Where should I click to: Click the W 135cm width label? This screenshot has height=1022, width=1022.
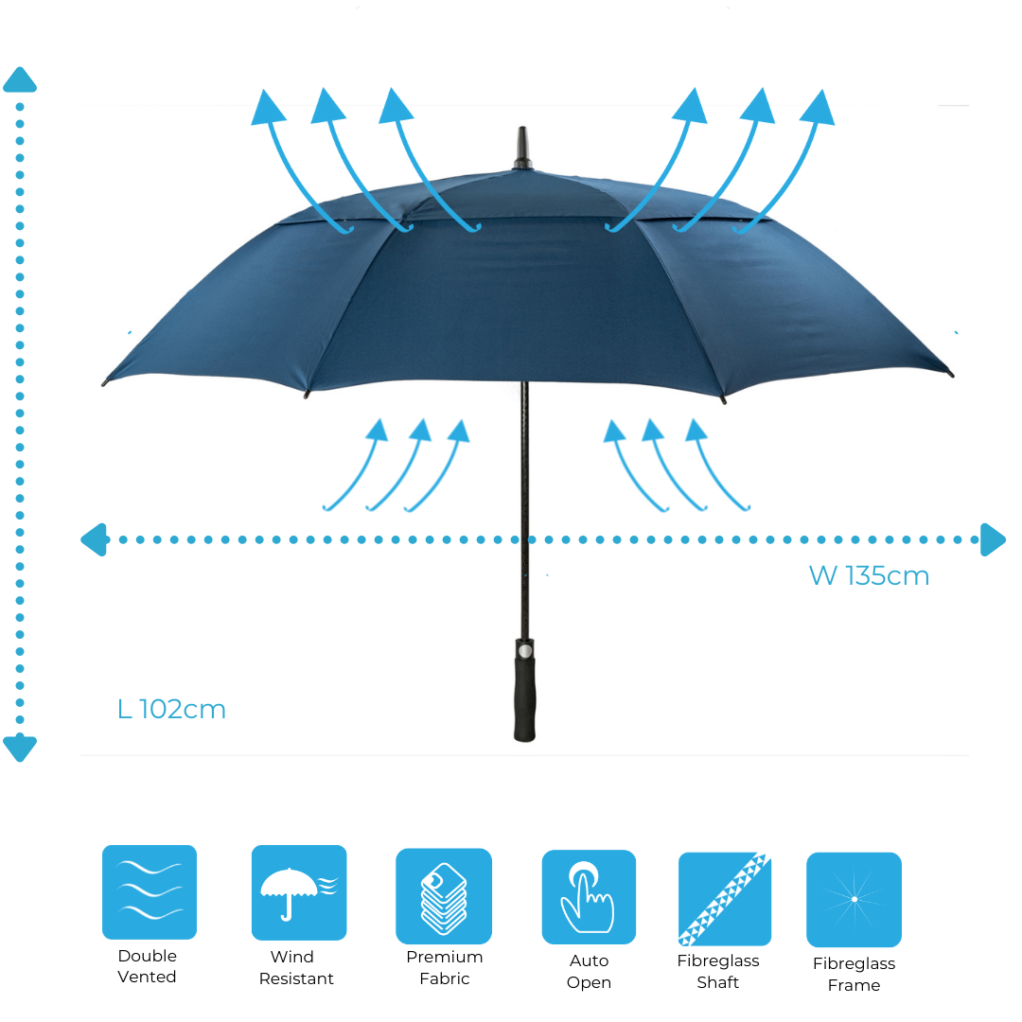tap(869, 575)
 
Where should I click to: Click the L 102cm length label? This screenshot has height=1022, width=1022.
tap(171, 709)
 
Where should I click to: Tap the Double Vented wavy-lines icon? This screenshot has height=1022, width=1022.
tap(150, 891)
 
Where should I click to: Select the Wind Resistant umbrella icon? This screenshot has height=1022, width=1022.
tap(299, 892)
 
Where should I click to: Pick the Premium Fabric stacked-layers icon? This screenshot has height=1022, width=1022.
tap(444, 896)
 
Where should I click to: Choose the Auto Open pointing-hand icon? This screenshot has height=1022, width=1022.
tap(589, 897)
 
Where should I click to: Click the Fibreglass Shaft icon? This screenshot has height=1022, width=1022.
tap(725, 899)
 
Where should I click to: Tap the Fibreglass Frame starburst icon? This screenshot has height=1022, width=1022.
tap(854, 900)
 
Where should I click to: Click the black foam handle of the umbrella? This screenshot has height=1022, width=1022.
tap(524, 698)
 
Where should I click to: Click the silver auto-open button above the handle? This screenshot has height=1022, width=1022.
tap(524, 650)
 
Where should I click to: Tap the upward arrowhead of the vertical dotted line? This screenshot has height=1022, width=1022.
tap(20, 79)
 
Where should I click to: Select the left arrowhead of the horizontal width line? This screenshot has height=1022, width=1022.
tap(94, 539)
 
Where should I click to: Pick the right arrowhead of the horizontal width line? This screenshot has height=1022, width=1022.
tap(994, 539)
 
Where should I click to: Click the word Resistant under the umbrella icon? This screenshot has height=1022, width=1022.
tap(296, 978)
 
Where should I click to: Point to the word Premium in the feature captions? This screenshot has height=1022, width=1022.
tap(445, 957)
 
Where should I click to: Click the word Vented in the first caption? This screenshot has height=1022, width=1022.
tap(147, 977)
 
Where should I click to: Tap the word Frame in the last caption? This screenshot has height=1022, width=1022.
tap(854, 985)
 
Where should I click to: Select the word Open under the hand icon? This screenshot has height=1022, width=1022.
tap(589, 983)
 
